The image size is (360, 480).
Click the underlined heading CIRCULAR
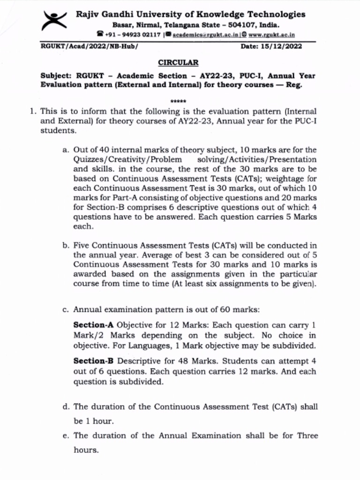178,62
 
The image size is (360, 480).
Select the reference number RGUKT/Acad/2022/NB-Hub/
89,46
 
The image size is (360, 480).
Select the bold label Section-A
94,325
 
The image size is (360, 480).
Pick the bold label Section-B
94,361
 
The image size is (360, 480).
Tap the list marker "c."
66,309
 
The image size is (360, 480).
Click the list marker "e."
66,435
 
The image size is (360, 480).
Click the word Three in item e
307,435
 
